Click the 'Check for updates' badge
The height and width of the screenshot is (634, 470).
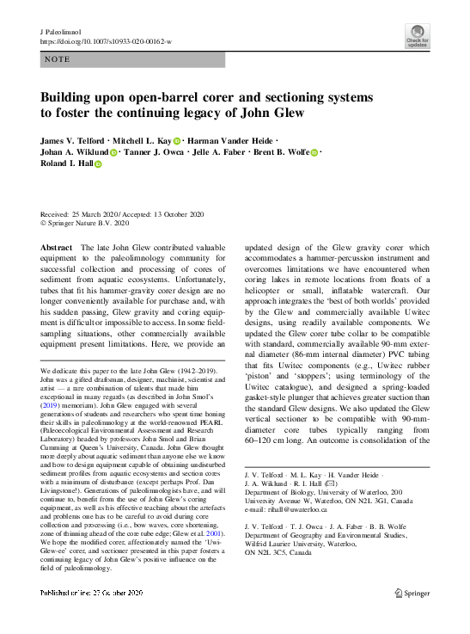pos(418,36)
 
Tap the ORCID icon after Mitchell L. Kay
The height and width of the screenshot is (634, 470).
pos(176,140)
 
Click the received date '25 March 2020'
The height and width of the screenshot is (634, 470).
pos(97,214)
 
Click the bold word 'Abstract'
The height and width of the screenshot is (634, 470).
pos(57,247)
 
